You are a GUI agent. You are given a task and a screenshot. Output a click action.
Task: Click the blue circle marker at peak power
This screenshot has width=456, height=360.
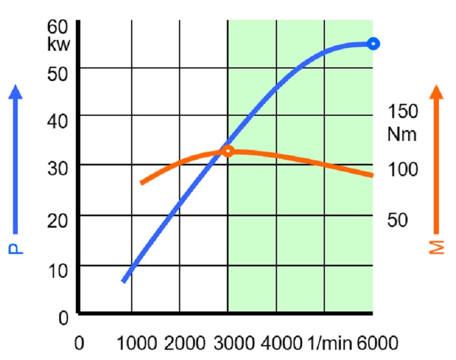coord(373,43)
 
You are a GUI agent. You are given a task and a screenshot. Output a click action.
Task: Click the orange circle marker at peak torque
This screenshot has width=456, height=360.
coord(227,151)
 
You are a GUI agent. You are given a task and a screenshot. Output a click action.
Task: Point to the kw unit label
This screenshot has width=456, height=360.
coord(59,44)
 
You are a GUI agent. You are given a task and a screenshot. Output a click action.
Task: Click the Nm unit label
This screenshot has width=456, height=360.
coord(402,135)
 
